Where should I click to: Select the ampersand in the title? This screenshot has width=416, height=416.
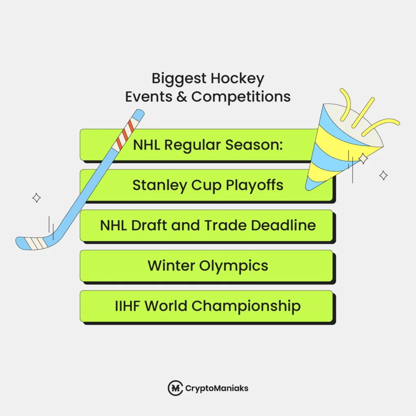click(x=182, y=97)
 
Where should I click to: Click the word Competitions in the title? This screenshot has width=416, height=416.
click(x=241, y=97)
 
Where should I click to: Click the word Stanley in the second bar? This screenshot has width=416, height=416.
click(x=155, y=185)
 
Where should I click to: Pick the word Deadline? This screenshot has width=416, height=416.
click(x=283, y=225)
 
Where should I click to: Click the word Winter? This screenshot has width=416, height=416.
click(x=171, y=266)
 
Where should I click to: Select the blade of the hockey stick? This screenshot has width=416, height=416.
click(x=35, y=243)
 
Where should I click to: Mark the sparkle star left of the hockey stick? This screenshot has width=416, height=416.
click(x=37, y=198)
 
